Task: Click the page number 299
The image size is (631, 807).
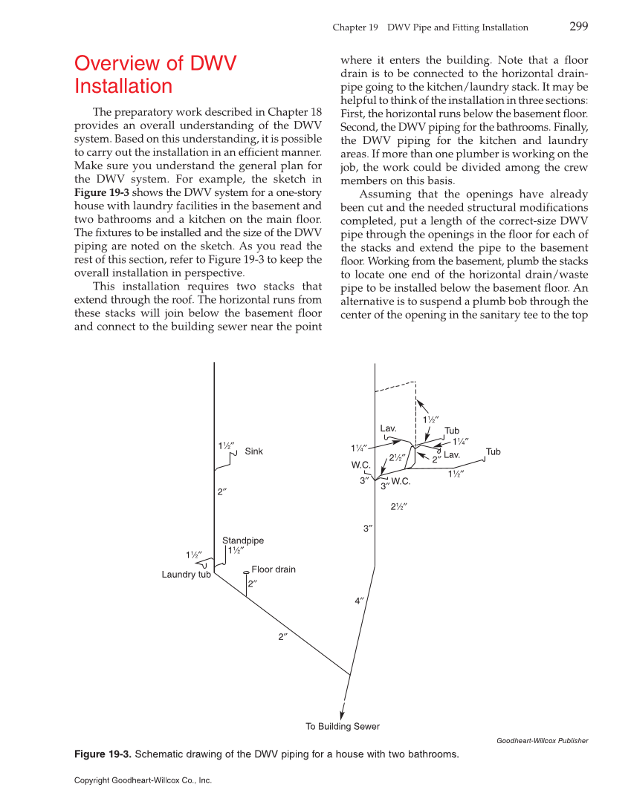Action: point(578,27)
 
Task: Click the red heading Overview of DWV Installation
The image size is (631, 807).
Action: point(155,74)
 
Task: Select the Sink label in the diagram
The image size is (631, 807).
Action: point(253,451)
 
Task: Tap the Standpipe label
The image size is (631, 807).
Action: point(243,540)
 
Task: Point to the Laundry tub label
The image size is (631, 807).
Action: point(186,575)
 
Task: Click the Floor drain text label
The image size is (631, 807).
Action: point(274,569)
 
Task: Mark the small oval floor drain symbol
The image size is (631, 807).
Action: point(246,572)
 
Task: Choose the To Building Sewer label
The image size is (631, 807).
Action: point(343,726)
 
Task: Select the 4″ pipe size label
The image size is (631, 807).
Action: point(360,601)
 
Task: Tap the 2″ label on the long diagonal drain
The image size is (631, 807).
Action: point(282,637)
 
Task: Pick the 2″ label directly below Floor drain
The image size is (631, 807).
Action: point(253,584)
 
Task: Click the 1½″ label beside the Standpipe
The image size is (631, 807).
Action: point(236,551)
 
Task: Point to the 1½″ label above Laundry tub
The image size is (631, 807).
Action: point(194,555)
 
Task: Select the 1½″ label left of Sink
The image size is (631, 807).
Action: point(226,445)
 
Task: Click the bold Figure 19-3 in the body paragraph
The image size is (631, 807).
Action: point(100,192)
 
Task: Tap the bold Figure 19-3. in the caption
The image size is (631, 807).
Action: point(103,755)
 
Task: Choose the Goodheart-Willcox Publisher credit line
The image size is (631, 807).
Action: point(541,740)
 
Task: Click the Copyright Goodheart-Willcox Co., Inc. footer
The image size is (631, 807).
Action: point(143,780)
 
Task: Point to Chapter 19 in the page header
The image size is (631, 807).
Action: point(350,27)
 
